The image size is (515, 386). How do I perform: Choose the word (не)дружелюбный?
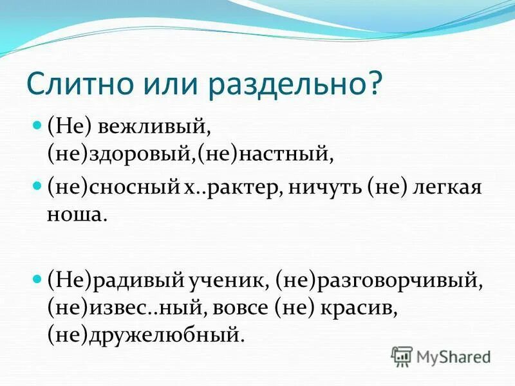(x=145, y=335)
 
